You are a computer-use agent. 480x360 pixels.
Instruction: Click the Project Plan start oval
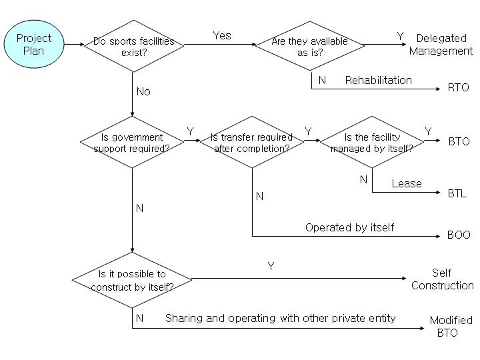coord(33,45)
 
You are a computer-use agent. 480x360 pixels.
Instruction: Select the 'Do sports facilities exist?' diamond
coord(134,45)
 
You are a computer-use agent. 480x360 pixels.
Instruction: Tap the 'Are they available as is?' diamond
coord(310,45)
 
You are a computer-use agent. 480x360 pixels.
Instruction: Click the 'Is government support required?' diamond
coord(132,142)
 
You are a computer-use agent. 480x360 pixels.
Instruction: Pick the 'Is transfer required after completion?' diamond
coord(252,142)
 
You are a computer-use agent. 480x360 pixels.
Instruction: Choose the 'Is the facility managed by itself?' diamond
coord(371,142)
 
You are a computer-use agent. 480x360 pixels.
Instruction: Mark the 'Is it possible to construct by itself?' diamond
coord(132,280)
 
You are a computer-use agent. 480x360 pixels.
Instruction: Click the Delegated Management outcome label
coord(441,45)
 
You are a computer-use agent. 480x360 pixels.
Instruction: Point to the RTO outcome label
coord(459,87)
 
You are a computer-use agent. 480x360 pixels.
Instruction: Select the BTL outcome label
coord(457,194)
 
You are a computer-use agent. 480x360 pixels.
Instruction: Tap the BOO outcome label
coord(459,235)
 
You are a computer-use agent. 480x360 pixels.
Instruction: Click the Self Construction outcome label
coord(442,279)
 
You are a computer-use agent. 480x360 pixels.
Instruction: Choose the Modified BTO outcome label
coord(451,326)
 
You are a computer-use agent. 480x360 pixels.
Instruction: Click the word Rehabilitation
coord(378,80)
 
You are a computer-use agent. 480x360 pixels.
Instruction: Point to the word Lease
coord(407,183)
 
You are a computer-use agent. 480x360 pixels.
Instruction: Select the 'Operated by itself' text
coord(349,227)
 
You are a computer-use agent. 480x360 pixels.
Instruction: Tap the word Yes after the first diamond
coord(222,35)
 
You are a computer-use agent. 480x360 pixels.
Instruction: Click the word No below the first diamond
coord(143,91)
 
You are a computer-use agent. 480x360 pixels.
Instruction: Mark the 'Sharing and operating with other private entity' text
coord(280,318)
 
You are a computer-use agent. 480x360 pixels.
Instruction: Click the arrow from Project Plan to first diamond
coord(73,45)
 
